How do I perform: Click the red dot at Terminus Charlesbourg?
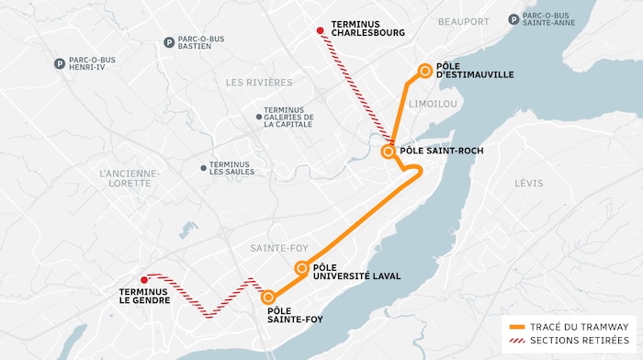pos(320,31)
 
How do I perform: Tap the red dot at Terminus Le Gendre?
pos(143,280)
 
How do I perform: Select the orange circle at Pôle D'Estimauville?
pos(425,70)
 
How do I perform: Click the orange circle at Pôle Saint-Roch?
pos(389,151)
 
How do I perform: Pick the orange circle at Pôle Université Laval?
pos(301,268)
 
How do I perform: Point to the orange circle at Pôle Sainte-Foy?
pos(268,298)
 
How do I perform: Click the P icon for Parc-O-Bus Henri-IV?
pos(60,64)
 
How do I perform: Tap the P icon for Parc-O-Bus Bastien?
pos(169,42)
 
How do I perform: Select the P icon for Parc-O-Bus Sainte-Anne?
pos(513,19)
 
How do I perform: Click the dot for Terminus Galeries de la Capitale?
pos(258,117)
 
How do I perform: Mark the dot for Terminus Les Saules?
pos(203,168)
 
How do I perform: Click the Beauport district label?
pos(463,21)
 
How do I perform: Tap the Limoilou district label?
pos(432,104)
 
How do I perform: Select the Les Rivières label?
pos(258,82)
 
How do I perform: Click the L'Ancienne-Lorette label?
pos(130,177)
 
